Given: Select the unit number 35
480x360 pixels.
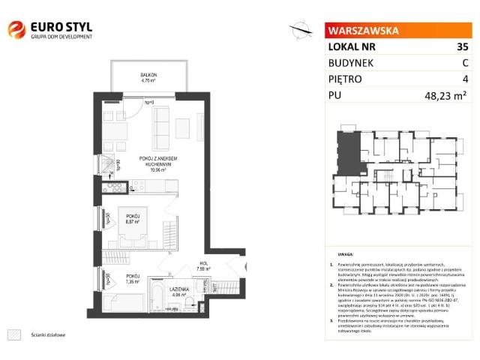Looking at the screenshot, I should click(x=462, y=46).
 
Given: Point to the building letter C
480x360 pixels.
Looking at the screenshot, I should click(x=464, y=62).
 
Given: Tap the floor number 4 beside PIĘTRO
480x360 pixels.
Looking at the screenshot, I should click(x=465, y=79).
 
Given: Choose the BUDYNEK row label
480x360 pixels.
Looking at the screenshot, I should click(x=351, y=62).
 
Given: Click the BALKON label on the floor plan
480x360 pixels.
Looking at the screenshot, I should click(x=148, y=74).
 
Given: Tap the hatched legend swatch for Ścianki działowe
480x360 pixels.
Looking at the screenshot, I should click(x=14, y=334).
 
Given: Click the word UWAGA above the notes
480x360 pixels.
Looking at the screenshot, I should click(x=346, y=255).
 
